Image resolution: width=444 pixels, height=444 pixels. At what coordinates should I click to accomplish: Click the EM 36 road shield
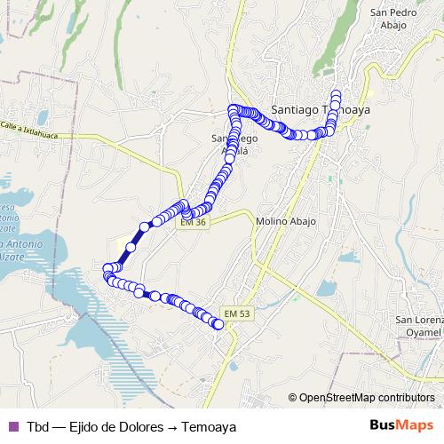click(x=193, y=222)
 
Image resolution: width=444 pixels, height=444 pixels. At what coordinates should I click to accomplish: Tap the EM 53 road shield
click(x=237, y=313)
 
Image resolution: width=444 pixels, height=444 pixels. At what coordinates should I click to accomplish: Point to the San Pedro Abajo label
click(x=388, y=19)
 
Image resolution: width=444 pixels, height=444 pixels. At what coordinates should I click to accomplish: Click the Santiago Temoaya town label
click(x=319, y=109)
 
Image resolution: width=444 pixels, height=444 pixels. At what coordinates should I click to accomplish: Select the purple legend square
click(x=12, y=426)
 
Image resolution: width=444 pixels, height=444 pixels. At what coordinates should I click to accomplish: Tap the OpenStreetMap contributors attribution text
click(x=367, y=398)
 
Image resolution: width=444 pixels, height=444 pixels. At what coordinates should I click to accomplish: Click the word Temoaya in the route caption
click(x=209, y=426)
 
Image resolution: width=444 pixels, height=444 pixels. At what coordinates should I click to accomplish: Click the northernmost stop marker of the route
click(x=337, y=94)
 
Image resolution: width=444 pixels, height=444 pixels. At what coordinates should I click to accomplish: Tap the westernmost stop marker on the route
click(x=107, y=268)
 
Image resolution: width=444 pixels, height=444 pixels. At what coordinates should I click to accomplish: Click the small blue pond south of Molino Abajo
click(x=324, y=289)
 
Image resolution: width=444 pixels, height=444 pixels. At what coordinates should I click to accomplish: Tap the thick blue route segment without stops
click(x=131, y=245)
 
